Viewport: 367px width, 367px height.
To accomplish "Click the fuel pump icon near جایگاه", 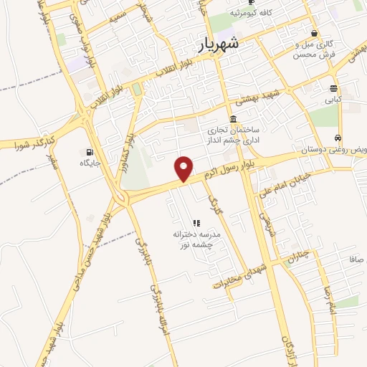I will coord(88,151).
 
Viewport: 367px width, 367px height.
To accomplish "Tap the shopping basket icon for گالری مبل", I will coord(315,33).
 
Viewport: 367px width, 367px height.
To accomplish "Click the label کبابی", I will coord(334,101).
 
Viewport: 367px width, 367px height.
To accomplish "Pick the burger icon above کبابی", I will coord(334,89).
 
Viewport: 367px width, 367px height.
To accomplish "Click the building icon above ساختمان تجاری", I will coord(233,119).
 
